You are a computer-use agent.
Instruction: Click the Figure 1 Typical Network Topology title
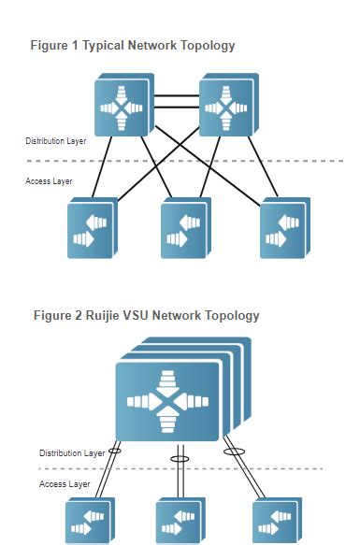click(x=133, y=45)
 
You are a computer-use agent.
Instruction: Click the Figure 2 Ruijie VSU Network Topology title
click(x=145, y=315)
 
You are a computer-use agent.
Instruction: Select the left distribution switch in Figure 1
click(x=124, y=107)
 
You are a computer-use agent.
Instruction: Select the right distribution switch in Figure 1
click(x=228, y=107)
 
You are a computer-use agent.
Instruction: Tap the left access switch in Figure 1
click(x=92, y=229)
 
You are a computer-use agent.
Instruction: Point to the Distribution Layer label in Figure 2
click(x=72, y=452)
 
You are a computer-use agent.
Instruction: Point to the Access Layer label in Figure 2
click(x=65, y=484)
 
